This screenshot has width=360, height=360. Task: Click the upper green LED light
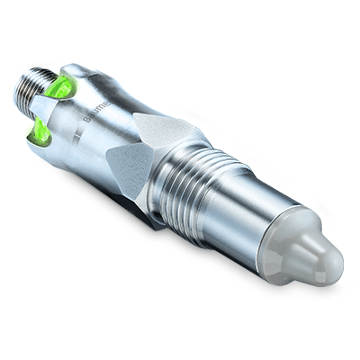(61, 86)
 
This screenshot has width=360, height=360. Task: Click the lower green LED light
(40, 134)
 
